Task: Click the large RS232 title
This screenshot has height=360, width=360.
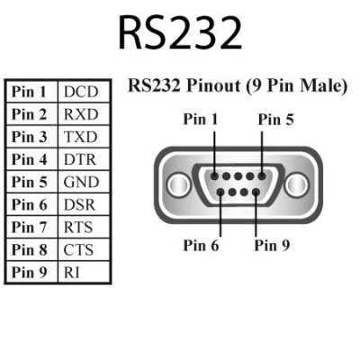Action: [x=180, y=32]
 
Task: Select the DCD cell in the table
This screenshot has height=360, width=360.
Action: [x=80, y=93]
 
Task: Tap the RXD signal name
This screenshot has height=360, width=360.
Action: [x=80, y=115]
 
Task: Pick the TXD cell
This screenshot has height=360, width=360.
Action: [x=80, y=138]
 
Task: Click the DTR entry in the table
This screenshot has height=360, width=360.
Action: [x=80, y=159]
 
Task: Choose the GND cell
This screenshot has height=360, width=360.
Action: [x=80, y=182]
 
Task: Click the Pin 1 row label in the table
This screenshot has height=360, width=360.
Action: [x=31, y=93]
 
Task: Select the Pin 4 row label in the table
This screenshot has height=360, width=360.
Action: [x=31, y=159]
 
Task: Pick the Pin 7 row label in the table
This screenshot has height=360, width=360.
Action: [x=31, y=227]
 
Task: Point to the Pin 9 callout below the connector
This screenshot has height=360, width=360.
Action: [x=272, y=244]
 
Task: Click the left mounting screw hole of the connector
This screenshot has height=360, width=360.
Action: [x=175, y=184]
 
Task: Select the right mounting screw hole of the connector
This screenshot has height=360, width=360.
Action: [x=297, y=184]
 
